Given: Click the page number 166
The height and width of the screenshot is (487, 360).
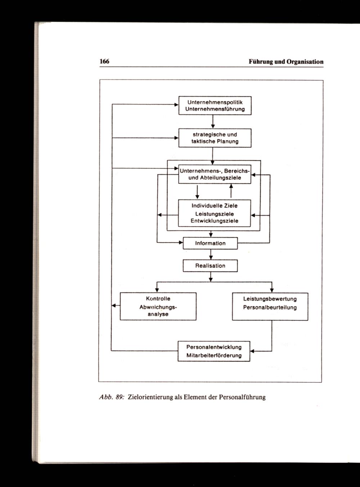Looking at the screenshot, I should coord(104,62).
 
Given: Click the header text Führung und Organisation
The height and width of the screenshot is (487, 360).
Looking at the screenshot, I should coord(286,62).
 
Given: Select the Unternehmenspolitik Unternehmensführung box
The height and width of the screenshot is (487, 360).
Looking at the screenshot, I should coord(215,105).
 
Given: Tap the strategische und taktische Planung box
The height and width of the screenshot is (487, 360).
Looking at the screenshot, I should coord(215,138).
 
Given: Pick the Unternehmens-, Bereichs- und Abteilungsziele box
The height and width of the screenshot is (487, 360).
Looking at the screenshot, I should coord(215,174).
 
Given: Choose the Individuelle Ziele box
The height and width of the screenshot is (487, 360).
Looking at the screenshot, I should coord(215,213).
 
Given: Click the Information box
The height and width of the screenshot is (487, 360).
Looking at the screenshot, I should coord(210,243).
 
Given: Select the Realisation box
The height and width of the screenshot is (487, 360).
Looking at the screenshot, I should coord(210,266).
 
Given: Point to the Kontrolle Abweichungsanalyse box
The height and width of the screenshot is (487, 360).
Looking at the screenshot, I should coord(158,306).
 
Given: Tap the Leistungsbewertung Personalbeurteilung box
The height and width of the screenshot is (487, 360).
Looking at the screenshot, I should coord(270,306).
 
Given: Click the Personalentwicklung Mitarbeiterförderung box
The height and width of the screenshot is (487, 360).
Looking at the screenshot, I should coord(214,351).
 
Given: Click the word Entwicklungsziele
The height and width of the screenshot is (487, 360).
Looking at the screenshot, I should coord(215,221).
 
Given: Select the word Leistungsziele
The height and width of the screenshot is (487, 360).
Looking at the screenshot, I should coord(215,214).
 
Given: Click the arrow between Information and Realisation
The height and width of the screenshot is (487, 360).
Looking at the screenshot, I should coord(211,254).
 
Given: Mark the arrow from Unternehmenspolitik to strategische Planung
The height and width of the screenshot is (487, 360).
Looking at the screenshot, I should coord(213,122).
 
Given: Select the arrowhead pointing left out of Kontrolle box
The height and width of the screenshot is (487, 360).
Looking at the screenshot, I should coord(114,306).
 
